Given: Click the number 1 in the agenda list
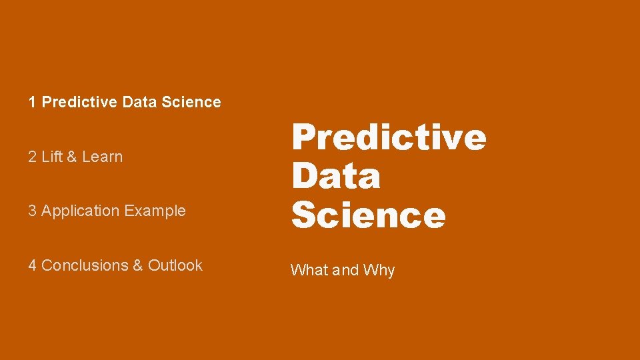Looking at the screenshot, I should pyautogui.click(x=32, y=102).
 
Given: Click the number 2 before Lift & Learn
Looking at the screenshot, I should pyautogui.click(x=32, y=157).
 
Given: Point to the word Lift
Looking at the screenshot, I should pyautogui.click(x=51, y=157).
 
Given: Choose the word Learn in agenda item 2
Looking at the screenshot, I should pyautogui.click(x=103, y=157).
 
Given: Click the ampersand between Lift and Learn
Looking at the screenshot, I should pyautogui.click(x=71, y=157).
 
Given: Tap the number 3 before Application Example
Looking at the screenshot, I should pyautogui.click(x=32, y=211).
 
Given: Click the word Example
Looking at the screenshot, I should pyautogui.click(x=155, y=211).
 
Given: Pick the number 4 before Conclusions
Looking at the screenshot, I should pyautogui.click(x=32, y=265).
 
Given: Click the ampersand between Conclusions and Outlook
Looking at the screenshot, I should pyautogui.click(x=138, y=265).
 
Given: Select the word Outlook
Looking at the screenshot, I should pyautogui.click(x=175, y=265).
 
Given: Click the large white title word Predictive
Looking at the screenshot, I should pyautogui.click(x=389, y=137).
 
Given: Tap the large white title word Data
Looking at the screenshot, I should pyautogui.click(x=336, y=176).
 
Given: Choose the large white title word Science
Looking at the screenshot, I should pyautogui.click(x=368, y=215).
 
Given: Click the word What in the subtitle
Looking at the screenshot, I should pyautogui.click(x=309, y=270).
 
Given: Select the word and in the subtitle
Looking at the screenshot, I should pyautogui.click(x=345, y=270).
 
